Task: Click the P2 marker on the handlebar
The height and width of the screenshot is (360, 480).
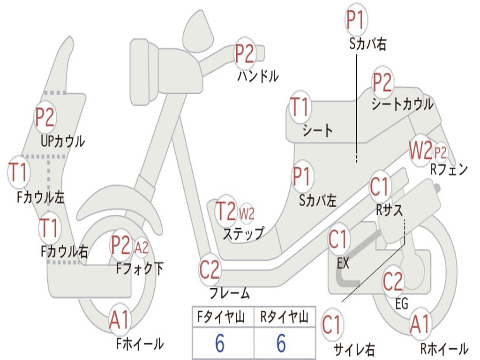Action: [245, 53]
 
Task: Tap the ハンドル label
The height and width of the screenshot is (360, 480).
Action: [258, 75]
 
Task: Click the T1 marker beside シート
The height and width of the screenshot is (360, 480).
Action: [300, 107]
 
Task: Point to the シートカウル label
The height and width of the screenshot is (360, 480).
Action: [402, 104]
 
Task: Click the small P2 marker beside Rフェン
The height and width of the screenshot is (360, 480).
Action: [441, 152]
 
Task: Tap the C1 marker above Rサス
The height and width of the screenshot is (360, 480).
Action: [380, 186]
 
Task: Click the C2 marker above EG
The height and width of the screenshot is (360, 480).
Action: [393, 281]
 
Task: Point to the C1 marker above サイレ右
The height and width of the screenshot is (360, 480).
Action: [332, 324]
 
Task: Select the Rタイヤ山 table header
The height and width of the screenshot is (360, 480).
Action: [284, 317]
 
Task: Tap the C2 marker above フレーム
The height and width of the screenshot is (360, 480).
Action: [210, 270]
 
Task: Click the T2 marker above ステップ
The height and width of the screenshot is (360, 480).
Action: [226, 211]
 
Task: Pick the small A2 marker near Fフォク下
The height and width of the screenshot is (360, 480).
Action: [142, 247]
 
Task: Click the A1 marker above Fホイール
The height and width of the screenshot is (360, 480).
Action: [120, 320]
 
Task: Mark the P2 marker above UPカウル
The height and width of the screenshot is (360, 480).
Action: [45, 117]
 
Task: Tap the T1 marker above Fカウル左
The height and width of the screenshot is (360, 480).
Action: [18, 172]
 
